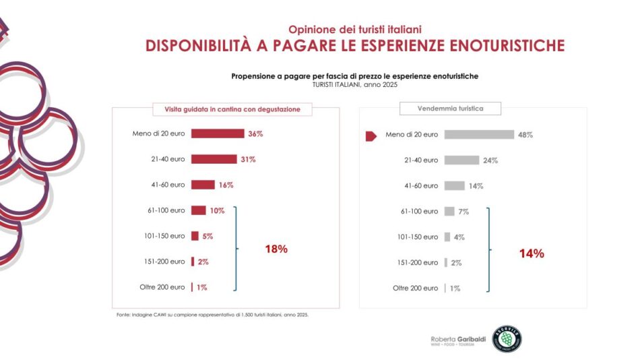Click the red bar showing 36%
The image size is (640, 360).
point(217,133)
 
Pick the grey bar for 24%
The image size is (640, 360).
point(461,160)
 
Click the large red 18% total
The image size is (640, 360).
point(276,249)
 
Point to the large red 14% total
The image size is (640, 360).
point(531,253)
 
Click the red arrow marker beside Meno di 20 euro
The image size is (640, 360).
point(371,136)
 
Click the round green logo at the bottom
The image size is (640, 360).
point(507,338)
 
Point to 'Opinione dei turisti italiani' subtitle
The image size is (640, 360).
point(355,30)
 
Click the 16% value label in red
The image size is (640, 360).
point(226,185)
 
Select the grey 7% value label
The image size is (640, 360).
point(463,212)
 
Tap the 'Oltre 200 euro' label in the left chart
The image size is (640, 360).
point(162,287)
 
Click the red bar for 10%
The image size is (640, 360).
point(198,210)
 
